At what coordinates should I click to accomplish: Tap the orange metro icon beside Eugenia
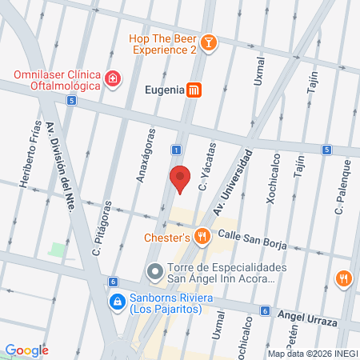click(x=194, y=90)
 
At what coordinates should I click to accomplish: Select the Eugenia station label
click(x=164, y=90)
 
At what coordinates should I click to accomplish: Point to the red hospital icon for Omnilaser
click(x=114, y=78)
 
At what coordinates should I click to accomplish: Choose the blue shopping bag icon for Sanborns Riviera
click(x=114, y=302)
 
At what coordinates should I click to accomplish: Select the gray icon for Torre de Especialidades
click(x=154, y=273)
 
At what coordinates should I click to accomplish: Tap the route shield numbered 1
click(x=174, y=150)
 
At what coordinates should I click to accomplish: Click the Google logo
click(x=26, y=350)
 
